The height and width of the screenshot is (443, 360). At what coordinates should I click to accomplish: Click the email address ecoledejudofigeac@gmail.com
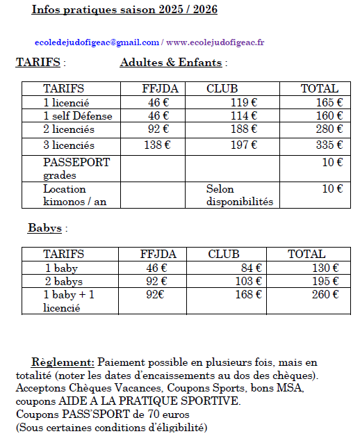click(97, 42)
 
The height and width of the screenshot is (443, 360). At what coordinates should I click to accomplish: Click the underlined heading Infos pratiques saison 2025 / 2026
click(114, 10)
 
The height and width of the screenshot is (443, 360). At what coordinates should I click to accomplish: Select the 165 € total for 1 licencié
click(329, 102)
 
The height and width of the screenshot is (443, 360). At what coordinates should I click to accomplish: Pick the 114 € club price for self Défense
click(244, 116)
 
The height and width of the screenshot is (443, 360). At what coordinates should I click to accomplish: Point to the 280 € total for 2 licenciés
click(329, 129)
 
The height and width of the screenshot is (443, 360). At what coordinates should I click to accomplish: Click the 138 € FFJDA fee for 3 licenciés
click(157, 145)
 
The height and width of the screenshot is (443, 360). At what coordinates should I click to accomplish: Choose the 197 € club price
click(244, 145)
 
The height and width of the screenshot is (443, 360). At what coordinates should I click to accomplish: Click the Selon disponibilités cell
click(239, 195)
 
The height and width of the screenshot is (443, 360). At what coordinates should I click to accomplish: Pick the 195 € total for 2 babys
click(325, 281)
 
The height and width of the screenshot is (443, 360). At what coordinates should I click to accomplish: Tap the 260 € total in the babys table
click(325, 294)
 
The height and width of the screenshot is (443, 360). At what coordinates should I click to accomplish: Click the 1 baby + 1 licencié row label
click(69, 300)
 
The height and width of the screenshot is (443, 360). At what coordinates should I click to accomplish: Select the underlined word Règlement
click(63, 362)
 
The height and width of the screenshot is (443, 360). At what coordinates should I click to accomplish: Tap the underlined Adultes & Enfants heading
click(171, 63)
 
